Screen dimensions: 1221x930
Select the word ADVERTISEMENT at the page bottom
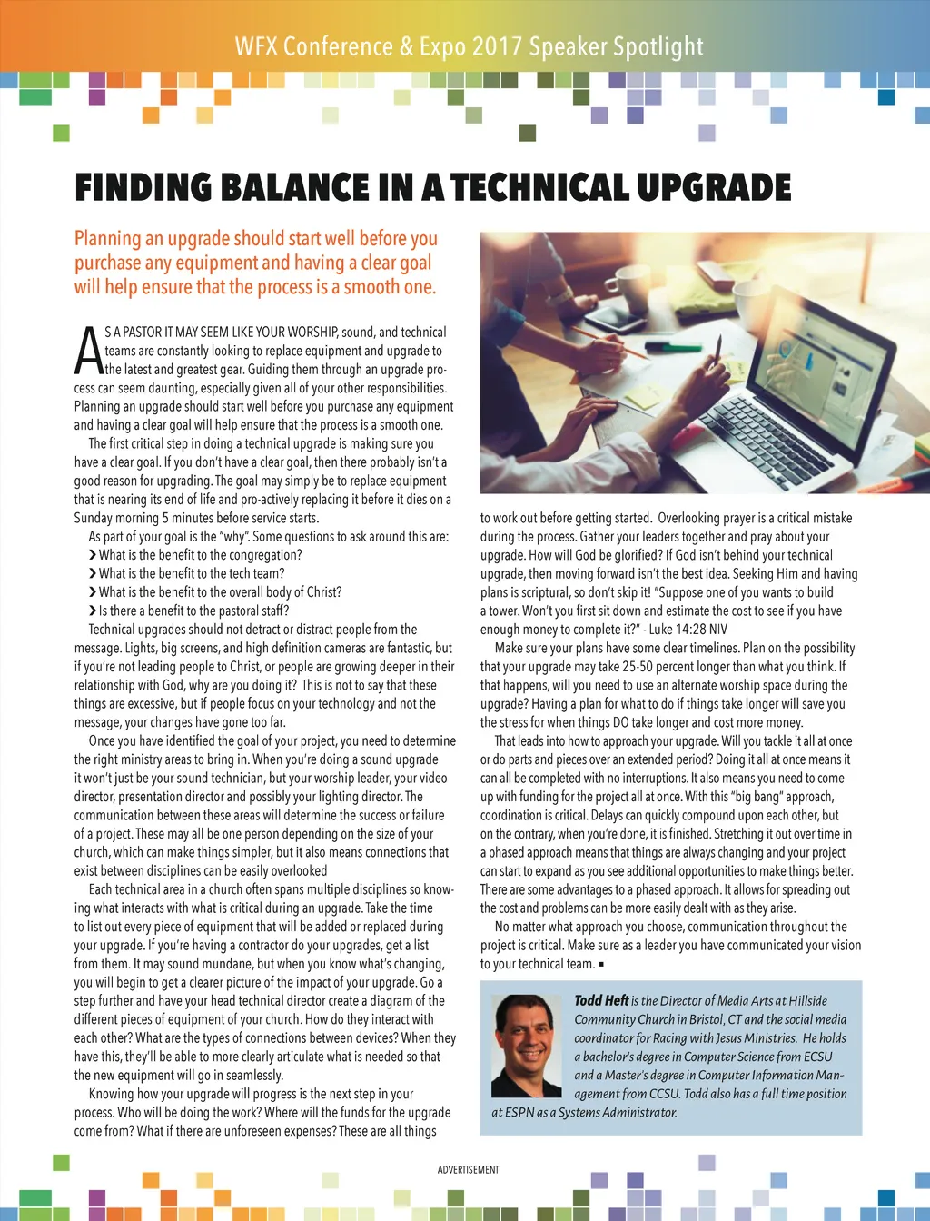[x=468, y=1169]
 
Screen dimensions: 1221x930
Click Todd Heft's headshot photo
[x=526, y=1046]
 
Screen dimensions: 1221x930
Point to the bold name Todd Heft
[x=601, y=1000]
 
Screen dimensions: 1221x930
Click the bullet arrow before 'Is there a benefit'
[x=93, y=610]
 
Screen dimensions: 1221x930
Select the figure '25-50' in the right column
[x=640, y=666]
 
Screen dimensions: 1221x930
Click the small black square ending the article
[x=601, y=964]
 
